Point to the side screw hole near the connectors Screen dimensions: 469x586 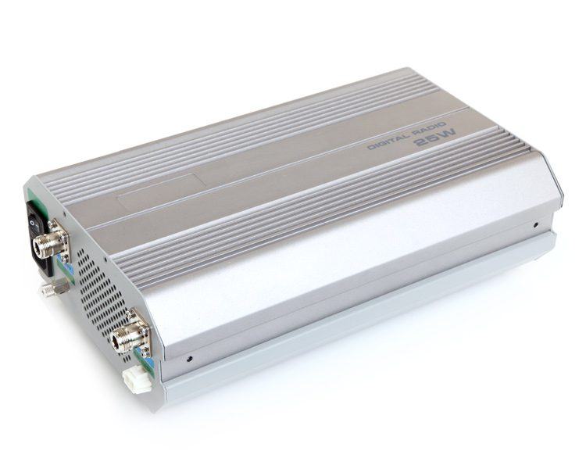pyautogui.click(x=190, y=361)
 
